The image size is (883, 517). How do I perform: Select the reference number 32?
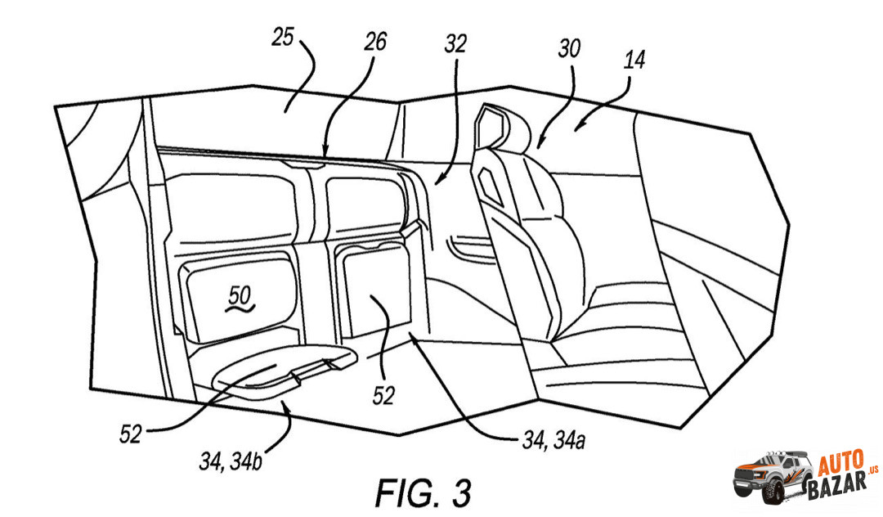click(x=455, y=44)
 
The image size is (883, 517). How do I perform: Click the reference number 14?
click(x=633, y=60)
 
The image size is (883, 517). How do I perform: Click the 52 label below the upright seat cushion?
click(x=383, y=396)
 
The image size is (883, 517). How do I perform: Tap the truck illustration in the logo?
click(x=771, y=476)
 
